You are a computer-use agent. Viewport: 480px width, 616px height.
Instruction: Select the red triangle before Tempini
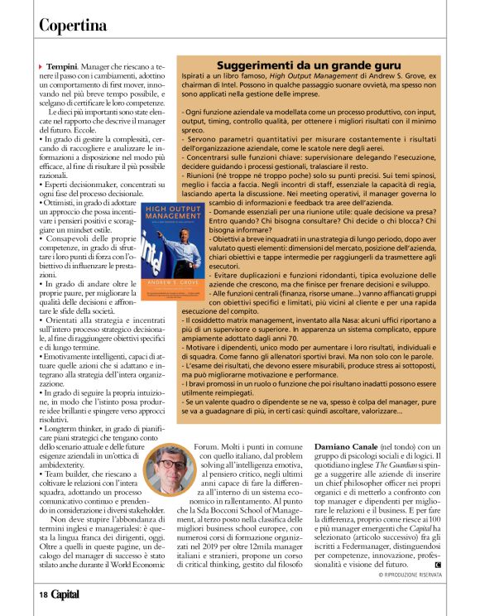click(41, 65)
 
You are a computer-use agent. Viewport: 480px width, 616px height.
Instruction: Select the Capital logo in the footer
click(67, 594)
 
